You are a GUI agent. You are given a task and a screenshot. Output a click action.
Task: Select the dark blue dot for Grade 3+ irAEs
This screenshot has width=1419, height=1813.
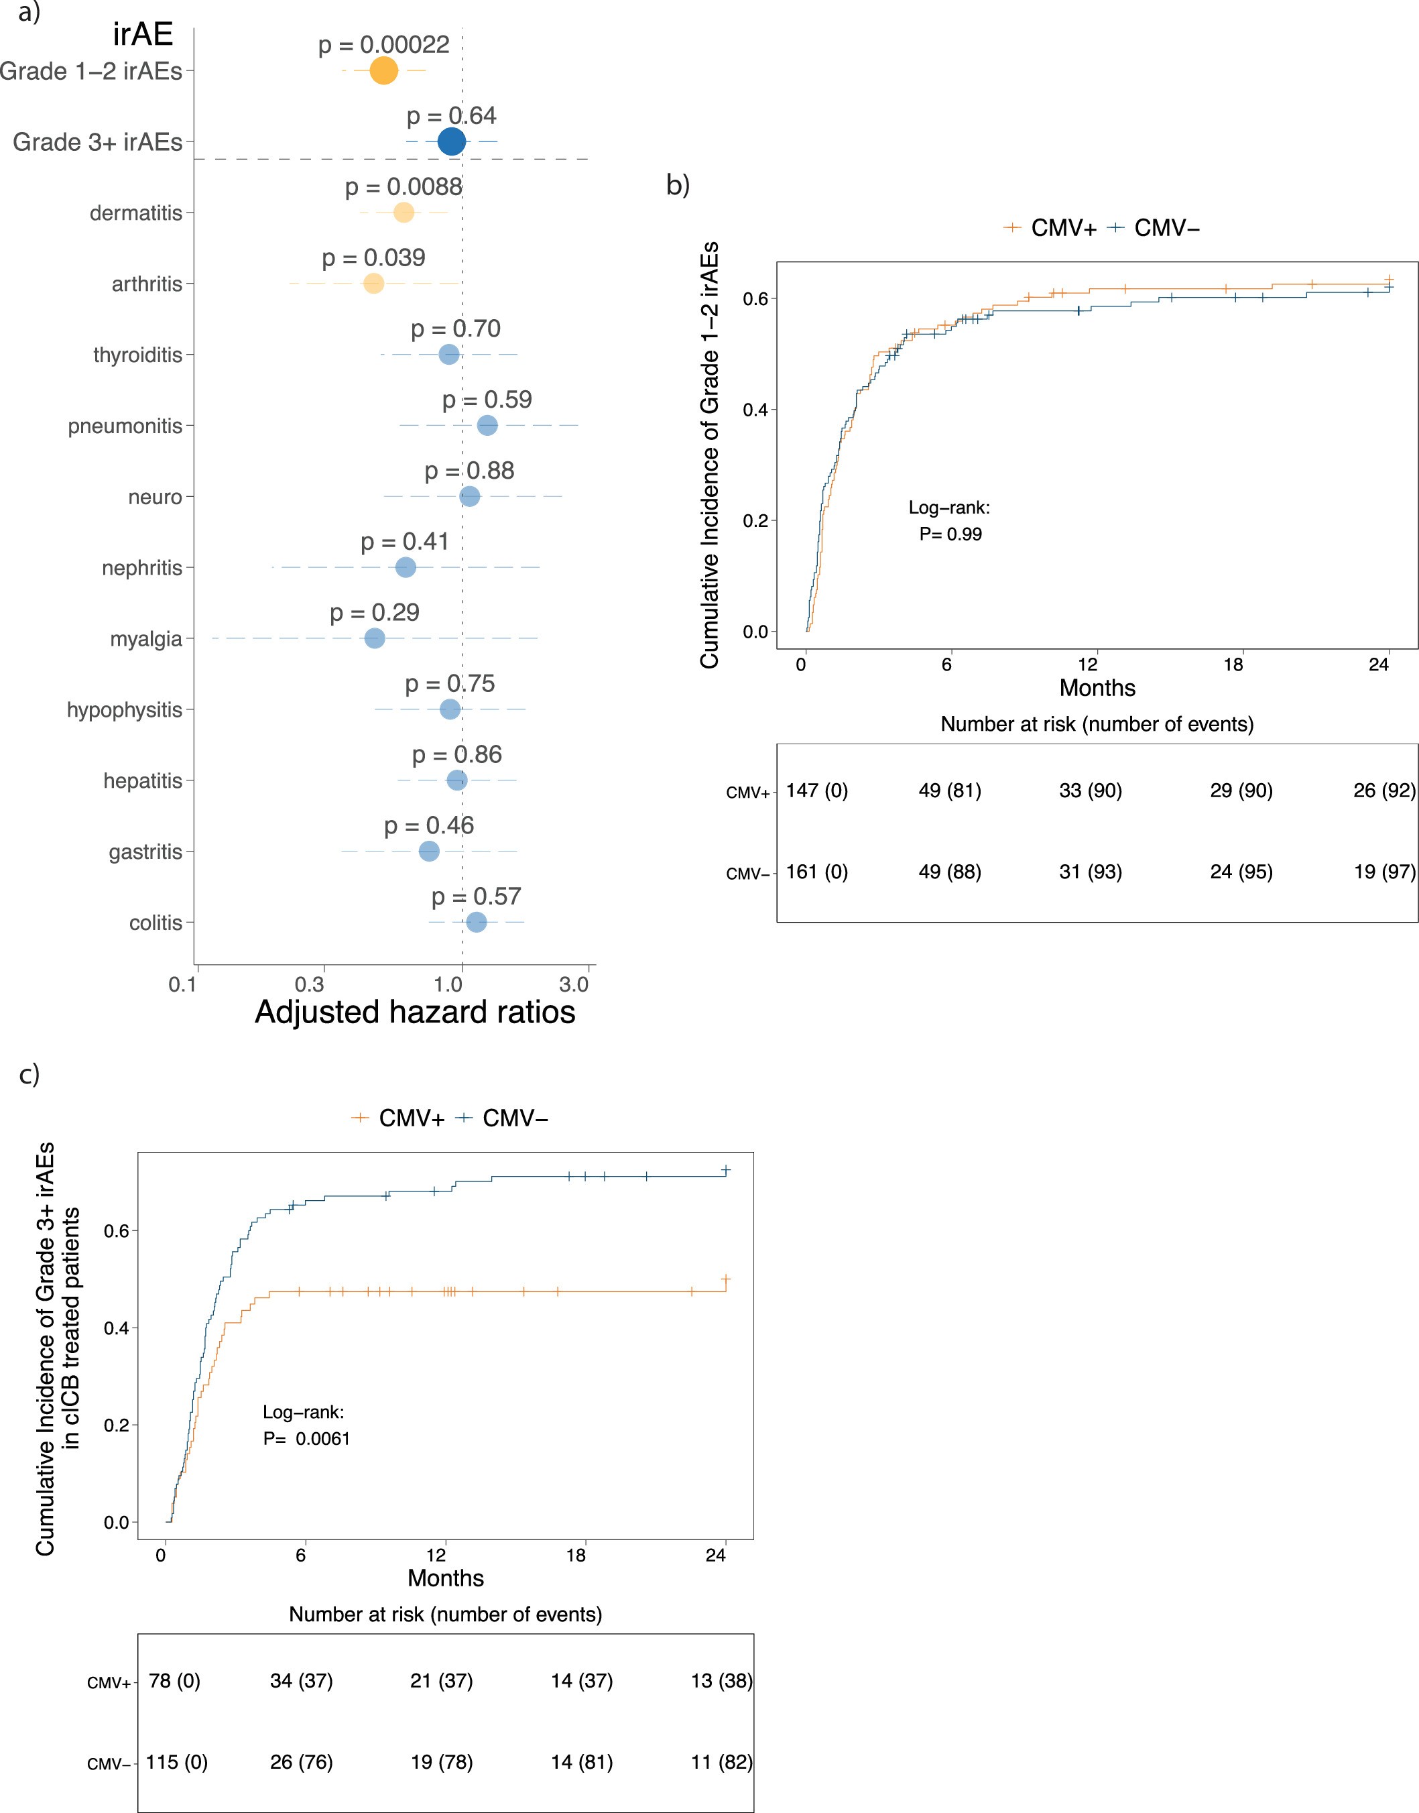[451, 142]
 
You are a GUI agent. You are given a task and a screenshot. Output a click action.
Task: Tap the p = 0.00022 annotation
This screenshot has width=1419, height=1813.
[384, 44]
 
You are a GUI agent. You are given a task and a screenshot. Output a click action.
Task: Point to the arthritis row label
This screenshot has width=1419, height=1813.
[147, 284]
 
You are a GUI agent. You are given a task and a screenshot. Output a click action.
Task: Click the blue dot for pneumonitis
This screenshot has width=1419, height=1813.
[488, 425]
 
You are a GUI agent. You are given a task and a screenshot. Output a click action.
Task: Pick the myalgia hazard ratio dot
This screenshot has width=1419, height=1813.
[375, 639]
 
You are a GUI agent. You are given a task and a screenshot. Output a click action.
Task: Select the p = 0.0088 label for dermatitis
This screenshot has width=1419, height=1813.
[404, 187]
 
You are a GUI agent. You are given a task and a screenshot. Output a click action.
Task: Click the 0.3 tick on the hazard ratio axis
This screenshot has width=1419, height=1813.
[310, 986]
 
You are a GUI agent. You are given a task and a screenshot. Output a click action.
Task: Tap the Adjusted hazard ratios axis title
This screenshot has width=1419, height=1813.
[414, 1012]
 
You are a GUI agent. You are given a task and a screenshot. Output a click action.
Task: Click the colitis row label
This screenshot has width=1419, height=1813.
[156, 923]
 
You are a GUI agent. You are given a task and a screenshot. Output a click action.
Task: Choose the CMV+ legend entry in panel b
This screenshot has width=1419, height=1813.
[1050, 228]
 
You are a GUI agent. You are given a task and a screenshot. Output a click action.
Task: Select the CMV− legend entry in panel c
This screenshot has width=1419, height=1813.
[503, 1118]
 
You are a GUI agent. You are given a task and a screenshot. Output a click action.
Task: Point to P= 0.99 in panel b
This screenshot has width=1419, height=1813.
[950, 534]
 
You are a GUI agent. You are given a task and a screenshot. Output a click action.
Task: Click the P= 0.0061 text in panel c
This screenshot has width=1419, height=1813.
[306, 1439]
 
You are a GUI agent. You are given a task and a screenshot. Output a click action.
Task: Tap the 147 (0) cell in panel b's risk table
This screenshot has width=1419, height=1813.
[816, 791]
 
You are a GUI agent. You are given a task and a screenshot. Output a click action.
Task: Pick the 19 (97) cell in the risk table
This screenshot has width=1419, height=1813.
[1384, 872]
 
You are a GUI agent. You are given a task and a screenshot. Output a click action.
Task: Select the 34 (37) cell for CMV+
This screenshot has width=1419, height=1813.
[301, 1681]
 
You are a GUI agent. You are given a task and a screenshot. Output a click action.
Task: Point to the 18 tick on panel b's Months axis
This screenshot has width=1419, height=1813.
[1233, 664]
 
